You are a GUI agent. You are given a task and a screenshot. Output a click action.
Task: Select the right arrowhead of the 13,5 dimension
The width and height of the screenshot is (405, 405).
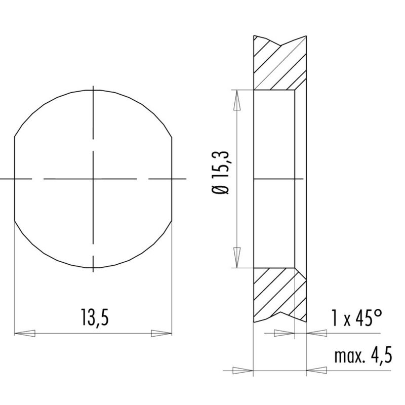tap(162, 334)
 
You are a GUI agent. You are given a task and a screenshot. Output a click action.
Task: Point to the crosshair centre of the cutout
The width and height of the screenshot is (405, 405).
tap(94, 179)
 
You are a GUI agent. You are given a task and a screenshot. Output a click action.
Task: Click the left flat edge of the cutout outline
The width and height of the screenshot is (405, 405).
tap(15, 179)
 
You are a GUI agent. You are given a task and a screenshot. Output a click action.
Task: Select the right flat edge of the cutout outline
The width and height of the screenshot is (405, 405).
tap(173, 179)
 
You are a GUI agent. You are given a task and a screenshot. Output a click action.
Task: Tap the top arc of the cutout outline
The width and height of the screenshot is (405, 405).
tap(94, 90)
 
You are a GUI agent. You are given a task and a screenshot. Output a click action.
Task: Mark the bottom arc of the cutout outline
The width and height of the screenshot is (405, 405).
tap(94, 268)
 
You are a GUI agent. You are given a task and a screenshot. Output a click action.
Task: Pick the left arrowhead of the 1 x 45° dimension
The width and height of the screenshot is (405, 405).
tap(283, 333)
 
